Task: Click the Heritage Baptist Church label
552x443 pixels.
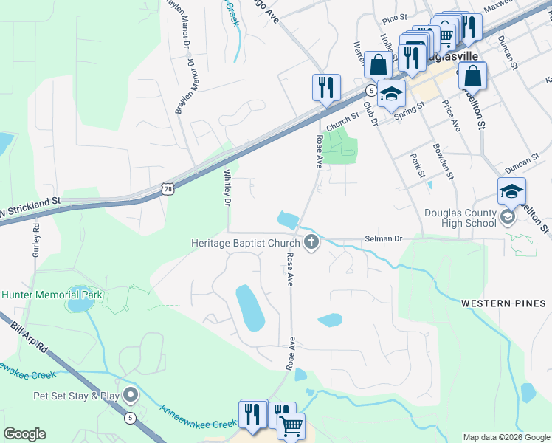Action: (243, 242)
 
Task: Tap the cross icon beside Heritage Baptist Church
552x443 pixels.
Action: (311, 242)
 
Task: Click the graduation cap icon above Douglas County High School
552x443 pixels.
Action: (511, 191)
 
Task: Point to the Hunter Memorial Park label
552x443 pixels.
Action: (52, 294)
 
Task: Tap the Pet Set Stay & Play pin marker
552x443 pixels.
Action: (131, 396)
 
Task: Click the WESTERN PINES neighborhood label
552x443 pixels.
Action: (503, 303)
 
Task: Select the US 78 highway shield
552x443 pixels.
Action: (168, 190)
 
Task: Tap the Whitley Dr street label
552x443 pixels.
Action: (227, 188)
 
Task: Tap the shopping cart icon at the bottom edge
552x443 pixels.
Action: (291, 427)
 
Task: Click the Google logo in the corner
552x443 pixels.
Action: (24, 434)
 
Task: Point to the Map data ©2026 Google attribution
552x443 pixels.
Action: (506, 437)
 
